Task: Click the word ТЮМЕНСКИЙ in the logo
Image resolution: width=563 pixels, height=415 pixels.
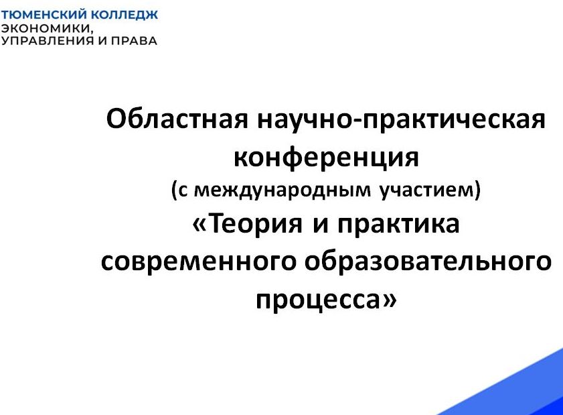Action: click(x=44, y=15)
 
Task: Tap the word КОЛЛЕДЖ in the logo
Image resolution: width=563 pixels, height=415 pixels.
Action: click(x=125, y=15)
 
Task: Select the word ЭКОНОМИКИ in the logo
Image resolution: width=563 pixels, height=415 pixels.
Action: click(x=47, y=28)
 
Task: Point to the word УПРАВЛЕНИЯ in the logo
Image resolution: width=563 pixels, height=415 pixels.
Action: click(x=48, y=40)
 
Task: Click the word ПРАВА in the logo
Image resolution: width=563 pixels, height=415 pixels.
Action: click(x=134, y=40)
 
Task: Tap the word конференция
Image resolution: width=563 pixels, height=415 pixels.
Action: click(x=326, y=158)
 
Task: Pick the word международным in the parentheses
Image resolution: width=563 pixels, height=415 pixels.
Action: click(x=283, y=190)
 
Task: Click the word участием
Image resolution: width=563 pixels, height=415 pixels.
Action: click(x=427, y=190)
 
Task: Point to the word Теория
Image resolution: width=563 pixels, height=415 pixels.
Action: click(x=255, y=224)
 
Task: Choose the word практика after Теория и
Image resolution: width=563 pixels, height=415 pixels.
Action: click(x=398, y=225)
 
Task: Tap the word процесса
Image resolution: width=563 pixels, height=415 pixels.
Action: click(x=318, y=300)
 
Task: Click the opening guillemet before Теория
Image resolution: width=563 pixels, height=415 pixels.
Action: click(x=200, y=225)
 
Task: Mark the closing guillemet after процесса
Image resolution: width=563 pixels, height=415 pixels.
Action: click(x=389, y=300)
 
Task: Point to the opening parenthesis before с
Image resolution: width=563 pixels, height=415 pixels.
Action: click(x=174, y=190)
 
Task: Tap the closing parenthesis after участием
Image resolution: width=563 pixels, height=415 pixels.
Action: click(x=477, y=190)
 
